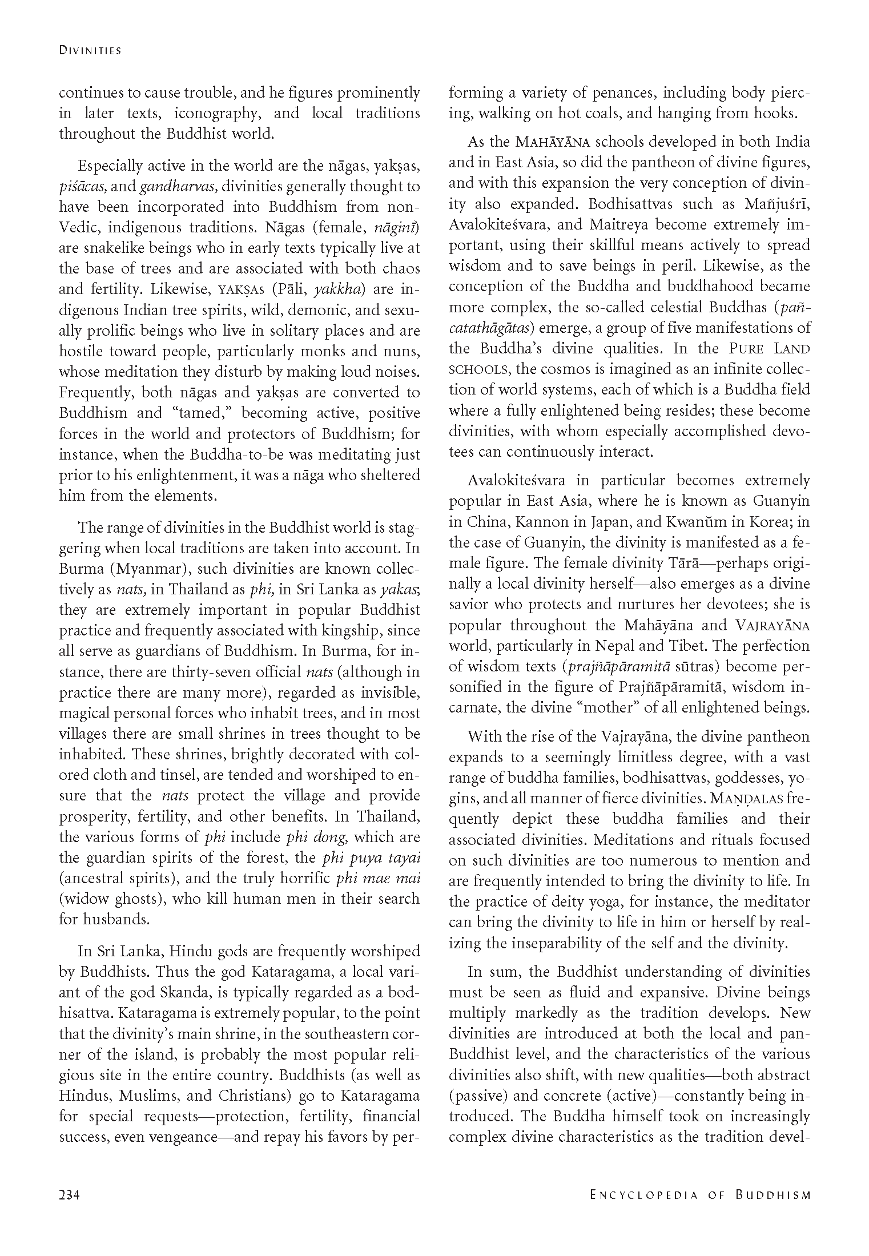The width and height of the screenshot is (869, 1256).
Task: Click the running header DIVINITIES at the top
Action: pos(90,51)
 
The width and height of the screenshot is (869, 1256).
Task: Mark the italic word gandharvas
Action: pos(178,187)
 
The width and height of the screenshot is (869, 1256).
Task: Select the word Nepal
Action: pos(617,646)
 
